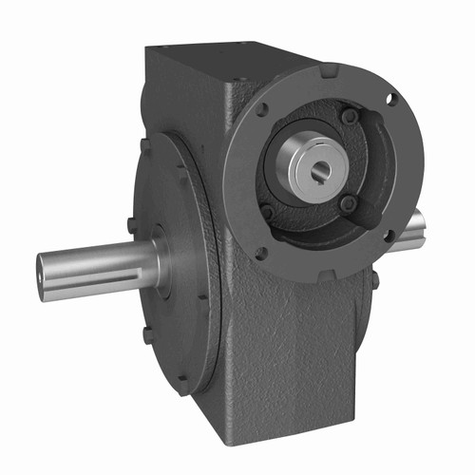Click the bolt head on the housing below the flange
pyautogui.click(x=375, y=280)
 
